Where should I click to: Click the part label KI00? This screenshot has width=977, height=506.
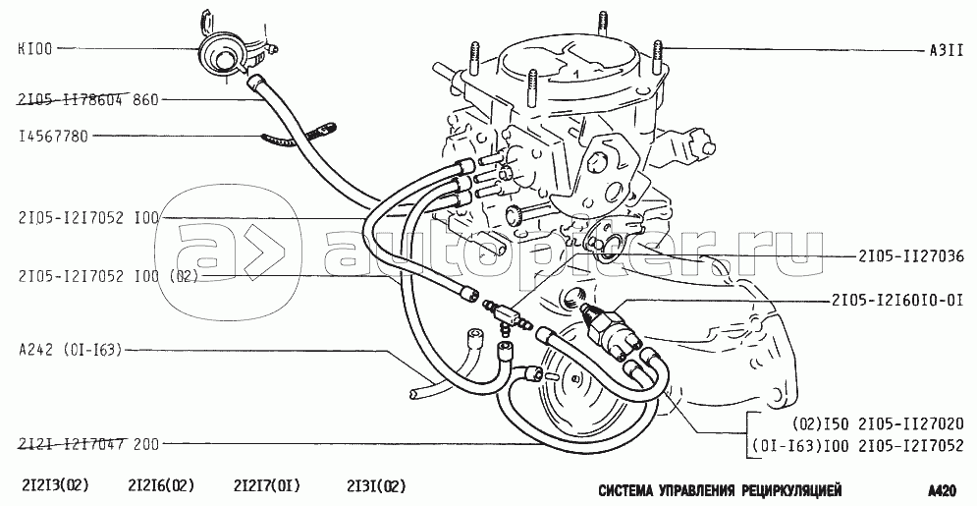point(36,47)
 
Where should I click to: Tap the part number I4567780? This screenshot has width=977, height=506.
point(54,136)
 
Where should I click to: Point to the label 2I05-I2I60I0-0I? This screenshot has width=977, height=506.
point(897,301)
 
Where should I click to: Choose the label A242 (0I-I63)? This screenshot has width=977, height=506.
point(71,350)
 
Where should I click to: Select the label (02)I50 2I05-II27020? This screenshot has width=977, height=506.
point(878,424)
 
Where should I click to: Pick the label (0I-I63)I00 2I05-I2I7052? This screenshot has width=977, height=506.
point(858,446)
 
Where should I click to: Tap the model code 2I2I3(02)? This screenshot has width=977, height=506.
point(56,485)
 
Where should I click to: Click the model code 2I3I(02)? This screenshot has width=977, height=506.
point(376,485)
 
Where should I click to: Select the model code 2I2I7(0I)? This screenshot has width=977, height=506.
point(267,485)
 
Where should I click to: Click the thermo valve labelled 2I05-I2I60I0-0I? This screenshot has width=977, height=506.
point(612,328)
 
